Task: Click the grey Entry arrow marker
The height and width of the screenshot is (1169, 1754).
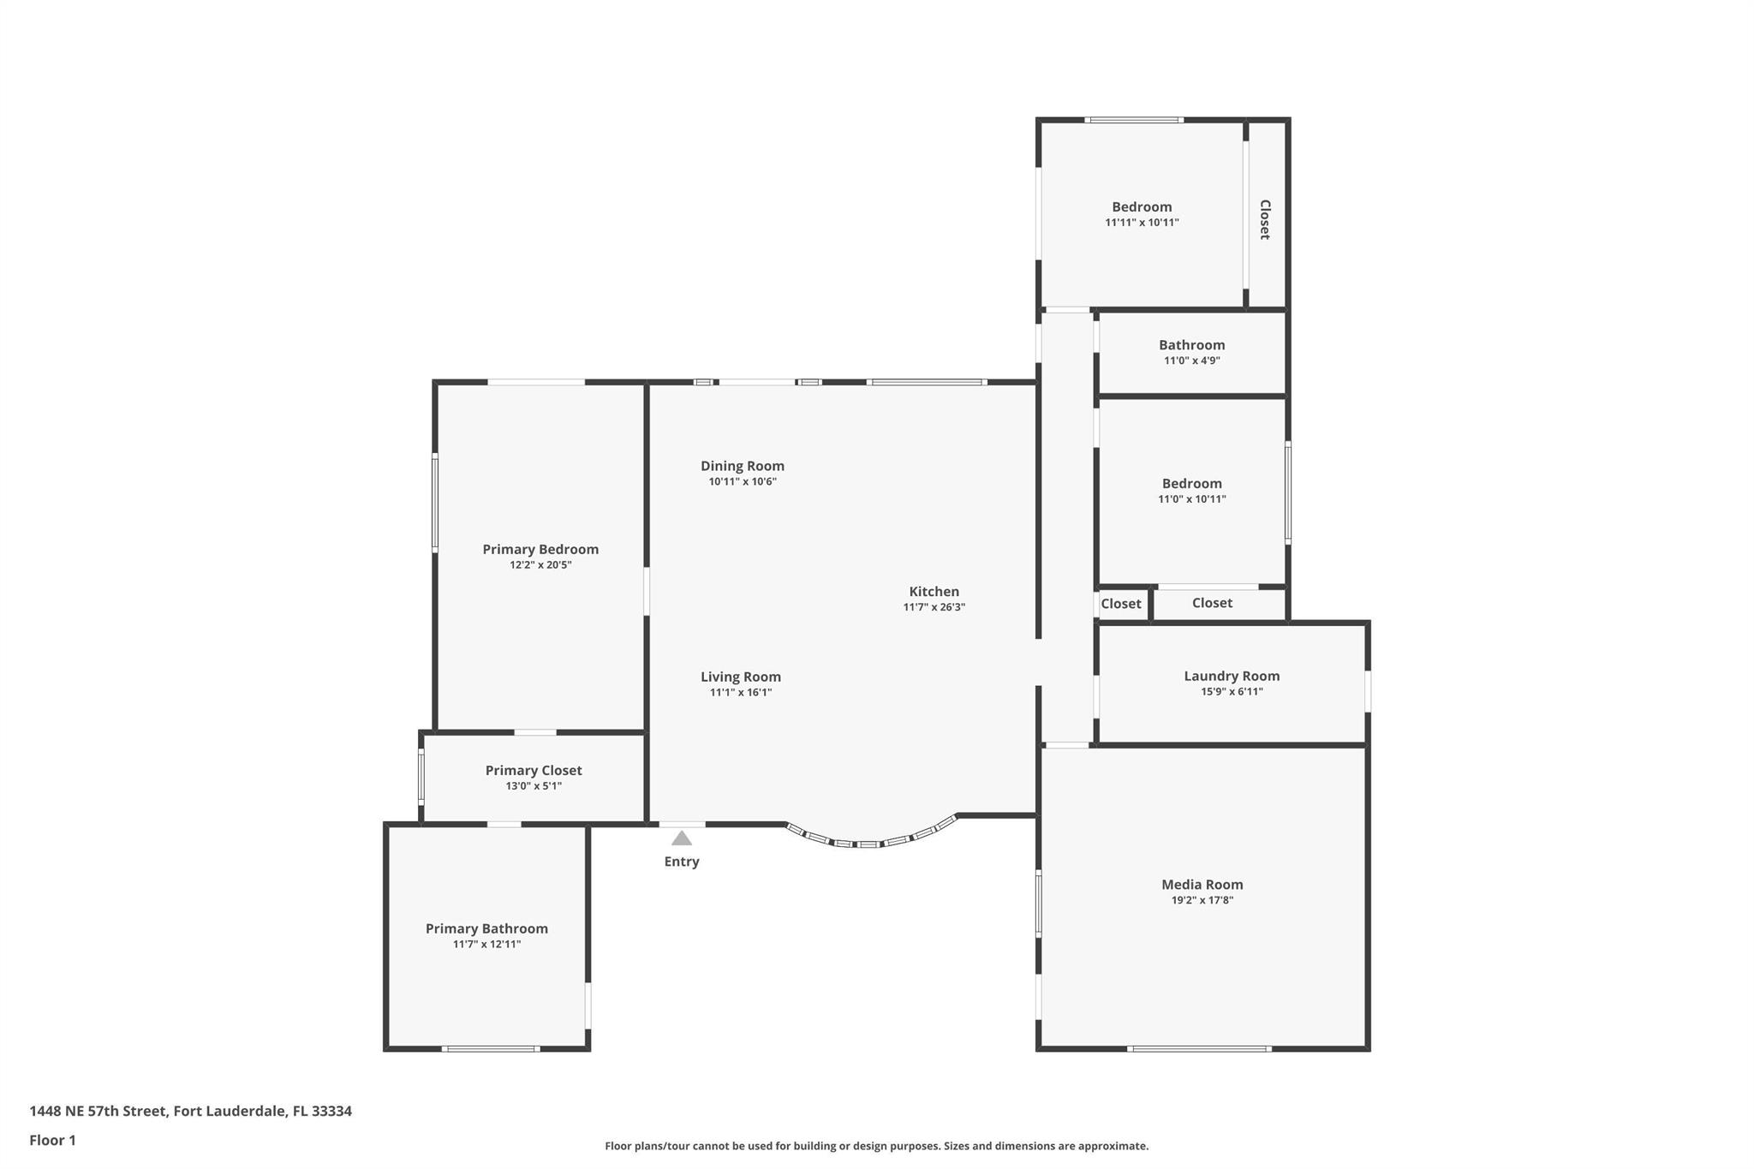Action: pos(681,838)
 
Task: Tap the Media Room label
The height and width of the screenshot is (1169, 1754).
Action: pos(1202,885)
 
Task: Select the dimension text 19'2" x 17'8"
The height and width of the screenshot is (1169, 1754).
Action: pos(1202,900)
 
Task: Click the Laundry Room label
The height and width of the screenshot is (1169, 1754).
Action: pos(1231,676)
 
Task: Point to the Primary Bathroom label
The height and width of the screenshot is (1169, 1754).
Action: pos(486,928)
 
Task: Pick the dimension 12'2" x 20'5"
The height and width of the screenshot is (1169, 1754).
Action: pos(540,565)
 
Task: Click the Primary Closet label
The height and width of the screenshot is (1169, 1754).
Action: pos(533,770)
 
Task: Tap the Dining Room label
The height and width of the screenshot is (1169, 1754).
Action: pos(742,466)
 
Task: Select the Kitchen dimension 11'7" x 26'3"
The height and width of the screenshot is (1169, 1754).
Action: pos(934,607)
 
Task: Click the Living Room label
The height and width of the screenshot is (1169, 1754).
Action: pos(740,677)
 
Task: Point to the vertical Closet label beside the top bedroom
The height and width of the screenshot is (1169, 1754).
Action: pos(1264,219)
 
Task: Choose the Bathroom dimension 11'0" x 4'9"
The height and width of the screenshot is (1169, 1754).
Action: pos(1191,361)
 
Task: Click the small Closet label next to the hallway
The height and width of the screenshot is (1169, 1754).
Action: pos(1120,604)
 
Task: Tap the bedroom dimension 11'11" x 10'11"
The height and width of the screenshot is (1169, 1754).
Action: pos(1142,223)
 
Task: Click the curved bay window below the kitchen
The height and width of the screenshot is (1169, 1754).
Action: pos(868,843)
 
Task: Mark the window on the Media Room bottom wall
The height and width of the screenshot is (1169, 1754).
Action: pos(1198,1048)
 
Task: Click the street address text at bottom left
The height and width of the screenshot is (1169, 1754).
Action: pos(190,1111)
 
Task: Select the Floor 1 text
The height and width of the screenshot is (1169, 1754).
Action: pos(52,1140)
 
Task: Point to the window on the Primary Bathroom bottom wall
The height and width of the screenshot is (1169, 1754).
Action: pos(490,1048)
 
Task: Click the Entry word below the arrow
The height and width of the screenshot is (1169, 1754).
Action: pos(681,862)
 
